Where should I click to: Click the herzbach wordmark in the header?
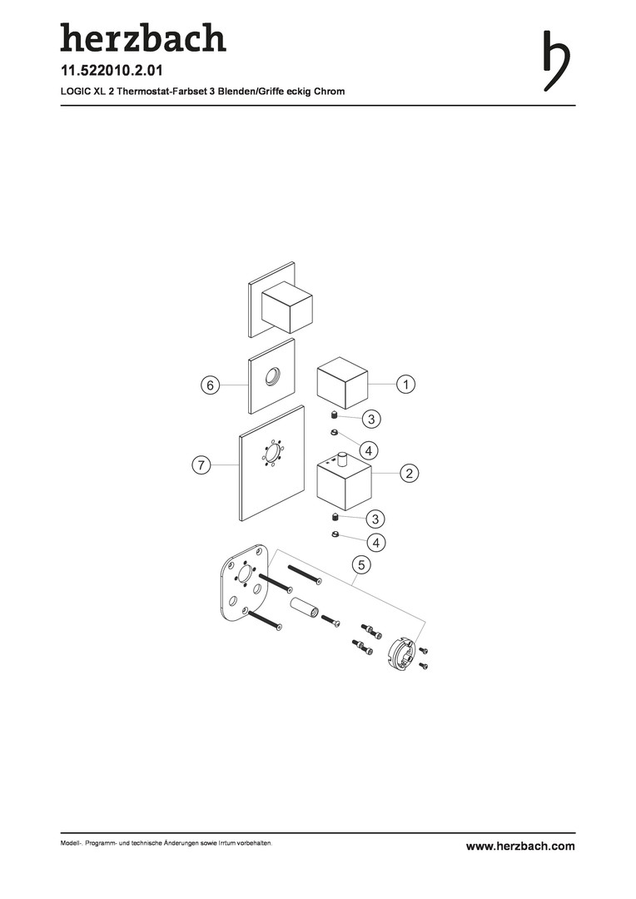click(x=143, y=37)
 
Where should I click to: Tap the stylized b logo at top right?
click(x=556, y=62)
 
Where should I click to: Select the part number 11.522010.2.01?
click(x=112, y=71)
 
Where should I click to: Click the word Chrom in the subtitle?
click(x=329, y=92)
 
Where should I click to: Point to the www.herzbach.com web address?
click(x=520, y=847)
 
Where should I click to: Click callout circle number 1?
click(x=406, y=384)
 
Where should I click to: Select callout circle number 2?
click(x=410, y=474)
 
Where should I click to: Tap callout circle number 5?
click(x=361, y=565)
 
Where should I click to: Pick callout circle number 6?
click(x=211, y=385)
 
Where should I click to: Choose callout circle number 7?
click(x=201, y=465)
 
